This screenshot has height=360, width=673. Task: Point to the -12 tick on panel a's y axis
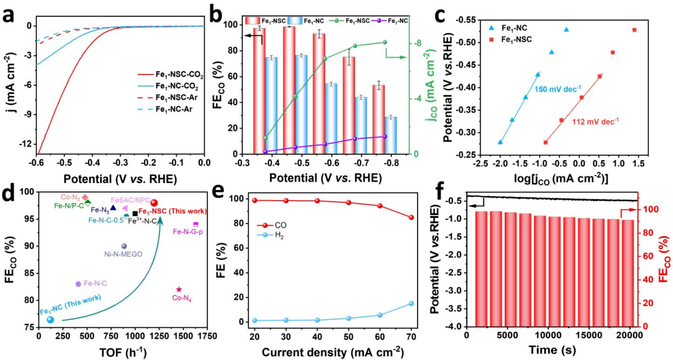(x=23, y=144)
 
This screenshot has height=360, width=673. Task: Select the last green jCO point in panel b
(x=384, y=42)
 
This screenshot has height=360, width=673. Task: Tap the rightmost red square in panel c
(x=634, y=30)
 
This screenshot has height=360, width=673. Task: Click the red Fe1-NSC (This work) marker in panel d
(x=155, y=202)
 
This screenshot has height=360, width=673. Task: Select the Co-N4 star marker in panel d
(x=179, y=289)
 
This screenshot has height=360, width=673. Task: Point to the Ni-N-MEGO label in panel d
(x=123, y=254)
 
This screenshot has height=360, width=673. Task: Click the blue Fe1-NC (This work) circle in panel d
(x=50, y=320)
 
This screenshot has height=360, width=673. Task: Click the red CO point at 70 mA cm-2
(x=411, y=217)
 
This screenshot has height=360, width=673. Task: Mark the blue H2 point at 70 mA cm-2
(x=411, y=303)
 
